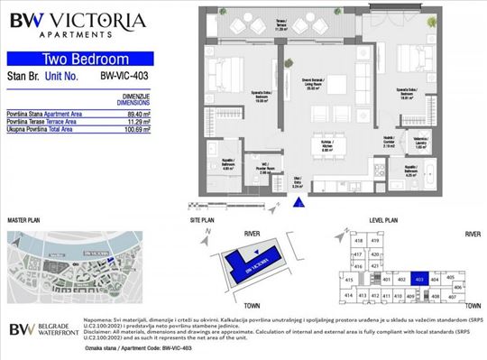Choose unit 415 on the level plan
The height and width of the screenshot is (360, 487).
348,281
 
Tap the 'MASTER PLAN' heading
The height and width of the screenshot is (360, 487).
26,219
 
